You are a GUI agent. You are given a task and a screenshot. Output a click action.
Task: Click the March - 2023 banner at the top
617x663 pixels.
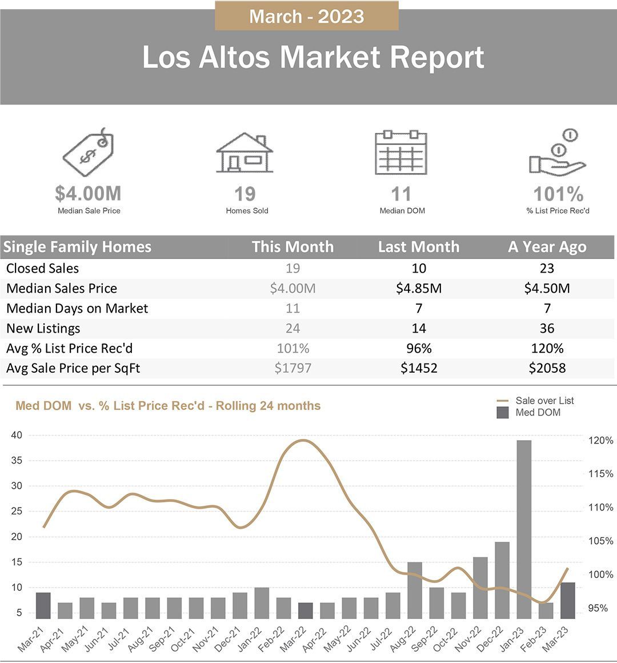306,15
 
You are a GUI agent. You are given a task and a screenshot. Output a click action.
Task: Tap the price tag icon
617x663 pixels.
89,152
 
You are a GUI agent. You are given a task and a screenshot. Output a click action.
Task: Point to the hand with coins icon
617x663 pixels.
558,153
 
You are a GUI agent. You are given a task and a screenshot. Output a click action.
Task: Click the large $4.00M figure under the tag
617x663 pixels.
88,194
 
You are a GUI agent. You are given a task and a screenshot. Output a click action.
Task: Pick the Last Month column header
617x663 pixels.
418,246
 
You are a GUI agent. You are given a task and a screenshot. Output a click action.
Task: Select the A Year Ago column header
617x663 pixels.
547,246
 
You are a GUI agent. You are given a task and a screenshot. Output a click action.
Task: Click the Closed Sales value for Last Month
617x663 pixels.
419,268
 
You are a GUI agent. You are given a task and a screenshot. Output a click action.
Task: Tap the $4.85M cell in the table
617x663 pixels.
419,289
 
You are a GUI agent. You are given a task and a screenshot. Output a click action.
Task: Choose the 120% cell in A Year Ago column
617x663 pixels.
547,349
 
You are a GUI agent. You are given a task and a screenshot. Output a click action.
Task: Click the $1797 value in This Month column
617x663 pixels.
293,368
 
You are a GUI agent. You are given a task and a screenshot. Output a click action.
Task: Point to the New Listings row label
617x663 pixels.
43,329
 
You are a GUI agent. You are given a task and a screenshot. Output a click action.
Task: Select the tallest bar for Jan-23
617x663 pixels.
524,529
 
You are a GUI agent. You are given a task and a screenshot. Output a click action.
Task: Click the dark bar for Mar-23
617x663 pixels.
567,601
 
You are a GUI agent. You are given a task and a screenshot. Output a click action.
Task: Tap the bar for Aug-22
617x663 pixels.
415,590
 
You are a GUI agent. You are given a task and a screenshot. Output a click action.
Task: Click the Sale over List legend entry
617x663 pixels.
535,401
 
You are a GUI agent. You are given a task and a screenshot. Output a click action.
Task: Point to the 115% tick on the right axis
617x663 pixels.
600,474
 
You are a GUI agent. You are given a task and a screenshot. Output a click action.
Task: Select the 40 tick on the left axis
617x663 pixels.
17,435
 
